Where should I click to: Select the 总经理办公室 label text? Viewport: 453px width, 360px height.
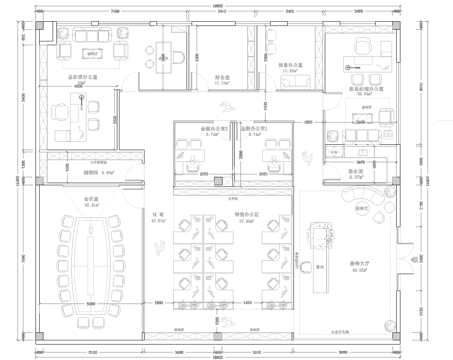click(81, 75)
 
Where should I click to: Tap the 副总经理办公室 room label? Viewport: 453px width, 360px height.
click(362, 91)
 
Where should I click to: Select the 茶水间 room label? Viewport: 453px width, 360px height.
click(355, 171)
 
